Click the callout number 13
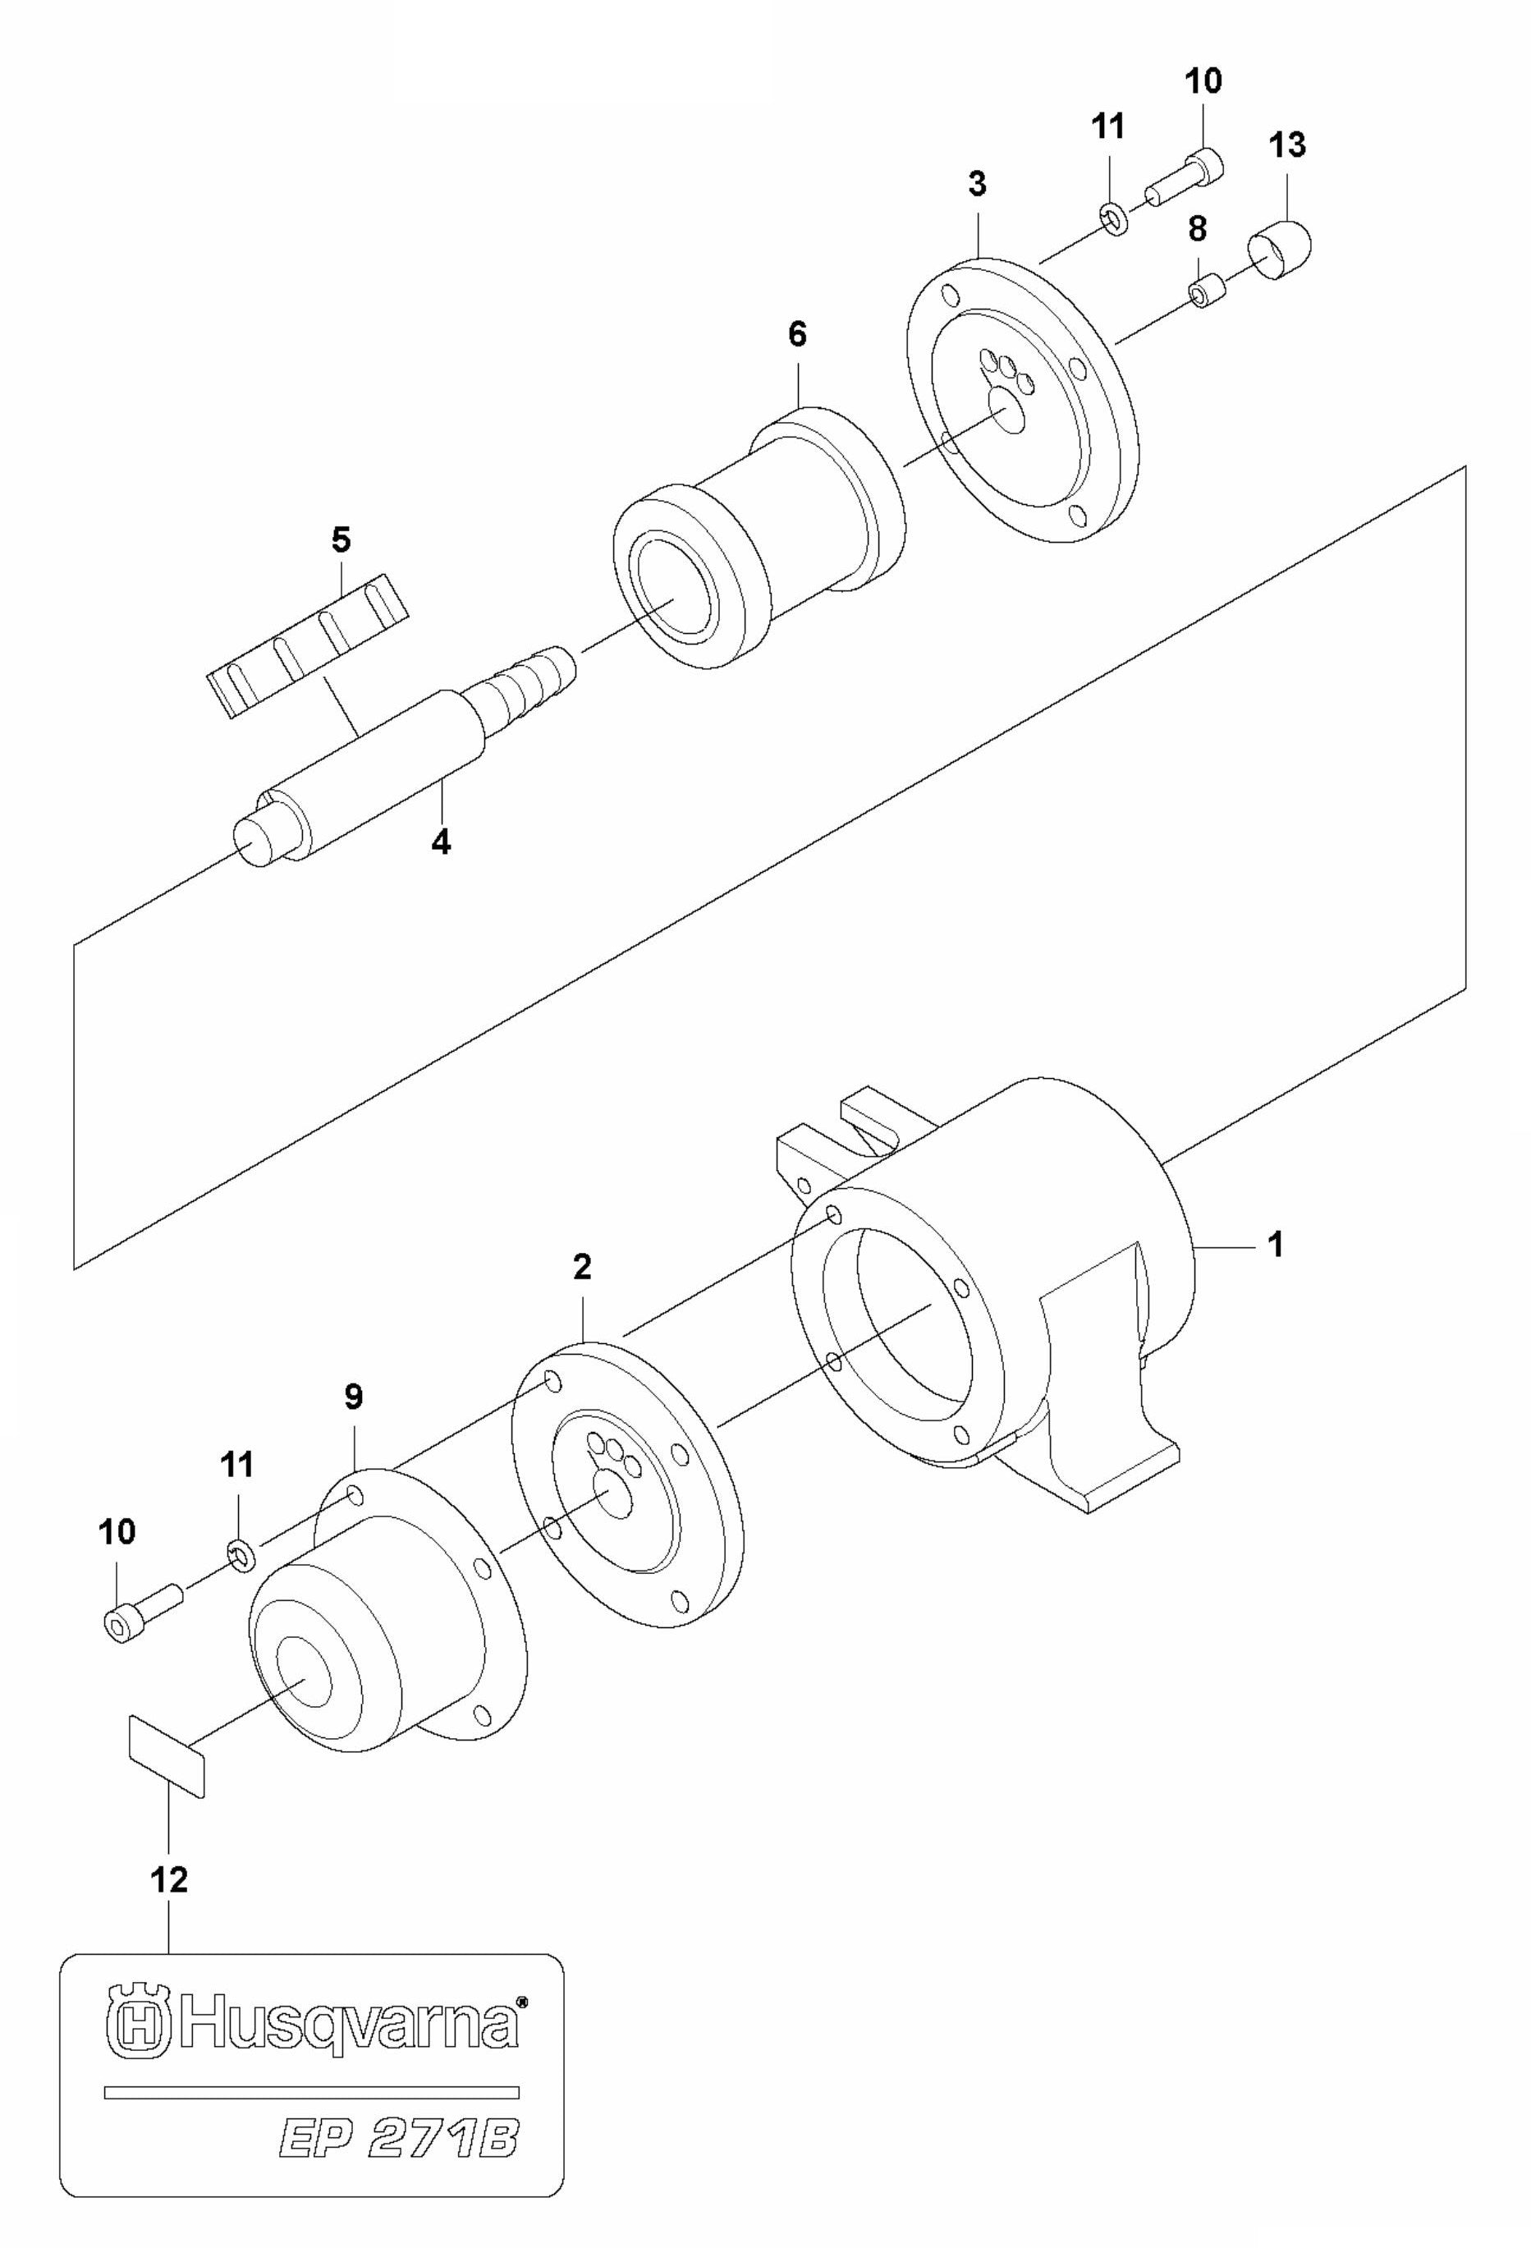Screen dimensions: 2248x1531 point(1287,145)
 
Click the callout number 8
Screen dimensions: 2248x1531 point(1198,229)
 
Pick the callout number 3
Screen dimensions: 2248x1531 point(977,184)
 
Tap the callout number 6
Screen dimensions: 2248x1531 point(797,335)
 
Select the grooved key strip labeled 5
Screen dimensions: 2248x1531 point(309,647)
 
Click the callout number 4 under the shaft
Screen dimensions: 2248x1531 point(441,842)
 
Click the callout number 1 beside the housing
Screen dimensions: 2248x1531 point(1276,1245)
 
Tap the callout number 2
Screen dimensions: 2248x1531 point(581,1267)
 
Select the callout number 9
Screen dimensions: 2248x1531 point(353,1397)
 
